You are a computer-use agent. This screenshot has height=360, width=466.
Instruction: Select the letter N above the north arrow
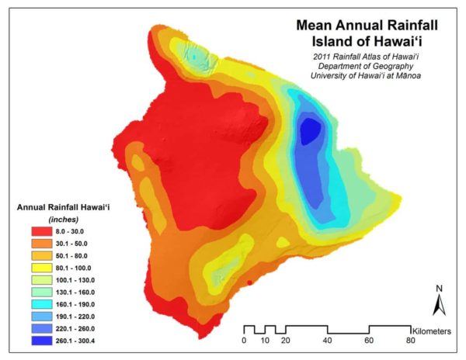439,289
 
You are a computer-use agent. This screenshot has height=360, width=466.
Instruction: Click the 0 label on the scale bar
244,341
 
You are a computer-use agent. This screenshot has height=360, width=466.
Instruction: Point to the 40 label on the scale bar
327,341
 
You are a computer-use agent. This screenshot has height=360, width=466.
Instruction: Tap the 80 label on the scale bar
410,341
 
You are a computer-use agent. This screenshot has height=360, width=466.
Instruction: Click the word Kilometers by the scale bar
437,330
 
